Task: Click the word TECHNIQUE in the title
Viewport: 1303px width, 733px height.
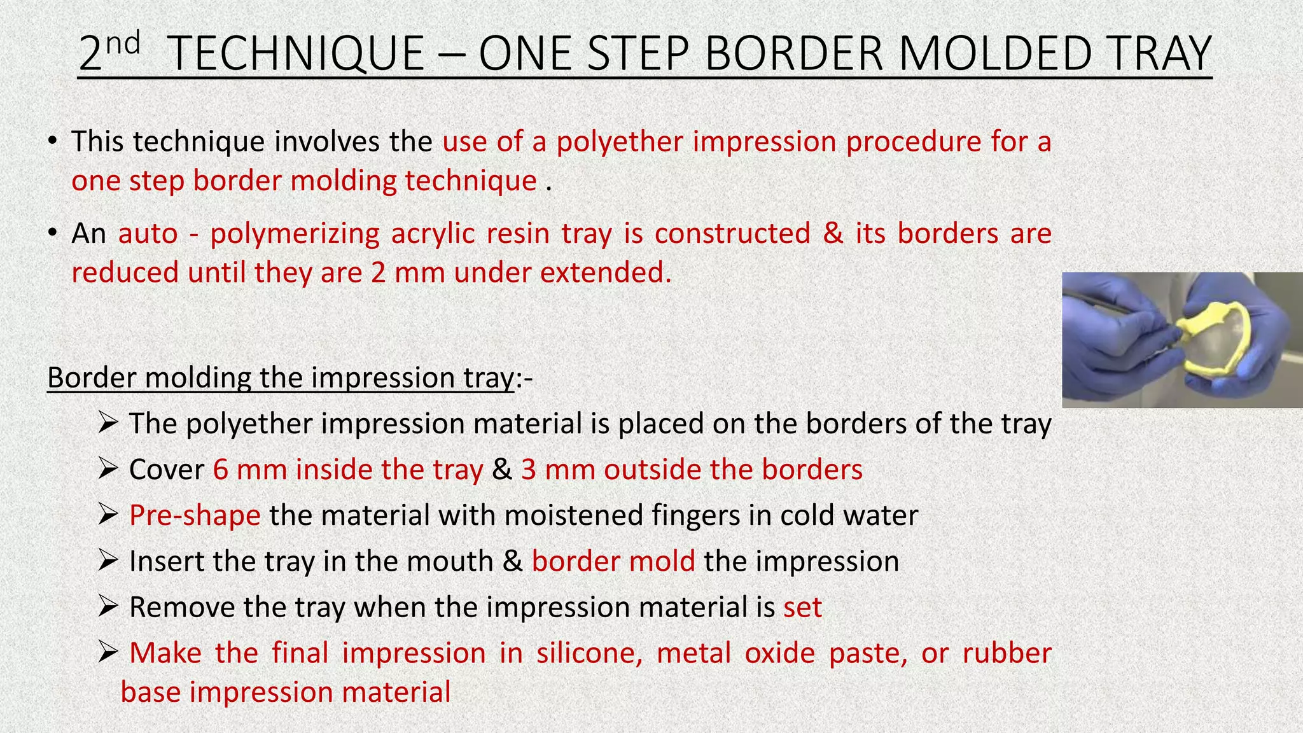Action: click(x=298, y=53)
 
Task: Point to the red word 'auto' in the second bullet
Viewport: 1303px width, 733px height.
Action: click(x=148, y=234)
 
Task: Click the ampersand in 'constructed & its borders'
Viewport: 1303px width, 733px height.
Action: click(x=833, y=234)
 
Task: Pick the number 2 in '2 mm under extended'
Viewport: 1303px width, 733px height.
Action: click(x=378, y=273)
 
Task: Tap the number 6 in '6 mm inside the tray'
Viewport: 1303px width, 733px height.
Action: click(x=220, y=470)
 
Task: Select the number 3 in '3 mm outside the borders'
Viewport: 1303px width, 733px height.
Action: click(x=528, y=470)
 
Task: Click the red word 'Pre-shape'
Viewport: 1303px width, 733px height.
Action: click(x=195, y=515)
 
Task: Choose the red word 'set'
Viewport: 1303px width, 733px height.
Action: click(x=802, y=608)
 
